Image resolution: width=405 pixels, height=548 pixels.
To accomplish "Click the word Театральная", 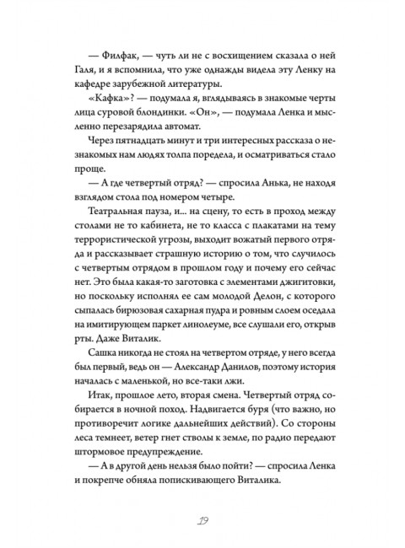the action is point(110,227).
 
